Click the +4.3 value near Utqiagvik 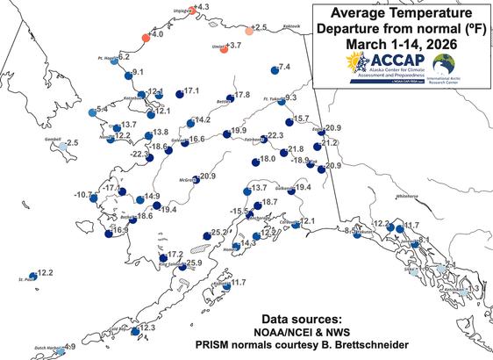[201, 7]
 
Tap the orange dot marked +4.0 [146, 38]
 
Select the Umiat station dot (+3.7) [219, 45]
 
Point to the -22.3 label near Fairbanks [275, 135]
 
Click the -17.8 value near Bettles [241, 95]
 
